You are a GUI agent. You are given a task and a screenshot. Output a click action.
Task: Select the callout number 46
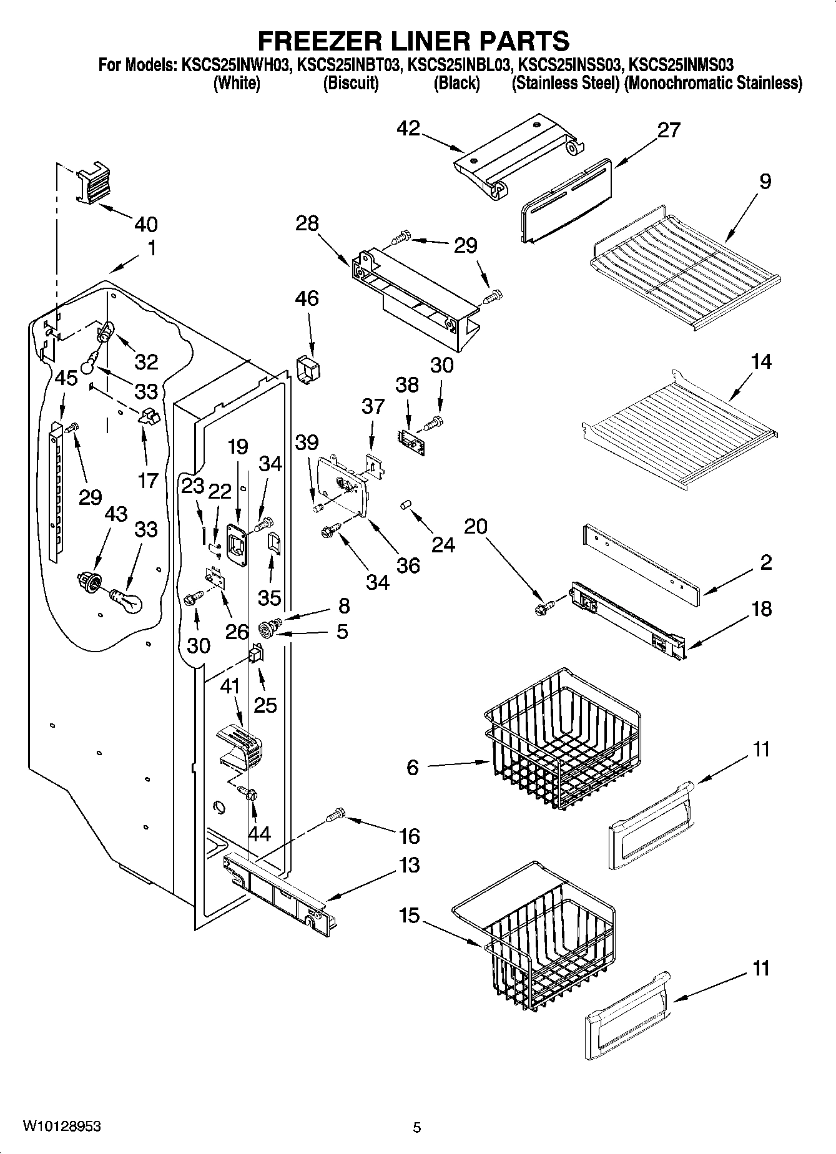tap(307, 298)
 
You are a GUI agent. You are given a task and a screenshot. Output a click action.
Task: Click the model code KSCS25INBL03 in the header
tap(461, 64)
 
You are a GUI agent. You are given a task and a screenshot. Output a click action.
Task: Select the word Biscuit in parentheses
tap(350, 83)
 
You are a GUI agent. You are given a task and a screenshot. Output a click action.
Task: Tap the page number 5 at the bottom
tap(416, 1127)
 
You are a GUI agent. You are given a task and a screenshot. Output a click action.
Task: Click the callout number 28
tap(307, 223)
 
